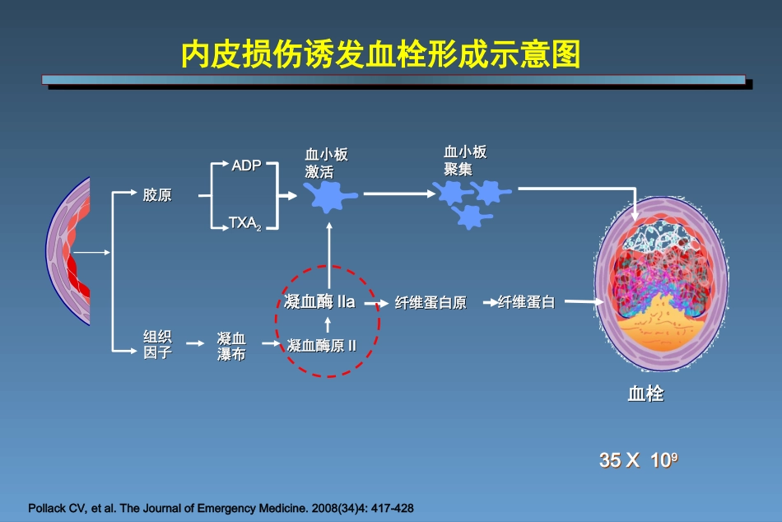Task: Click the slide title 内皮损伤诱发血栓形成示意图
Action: click(x=380, y=55)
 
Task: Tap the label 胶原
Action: click(x=157, y=195)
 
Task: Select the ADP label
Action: click(x=246, y=165)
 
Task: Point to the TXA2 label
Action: click(x=245, y=223)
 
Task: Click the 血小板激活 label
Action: click(x=327, y=163)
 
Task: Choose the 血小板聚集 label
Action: click(x=465, y=160)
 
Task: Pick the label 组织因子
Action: click(x=157, y=345)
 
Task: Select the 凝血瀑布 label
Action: click(x=231, y=346)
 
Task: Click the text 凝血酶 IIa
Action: click(x=319, y=301)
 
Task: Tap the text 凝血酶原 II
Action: click(x=321, y=345)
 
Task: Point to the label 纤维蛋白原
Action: click(x=431, y=303)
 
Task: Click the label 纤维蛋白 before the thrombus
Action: click(x=527, y=303)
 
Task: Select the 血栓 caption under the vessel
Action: click(x=645, y=394)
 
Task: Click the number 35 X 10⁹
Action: click(x=638, y=460)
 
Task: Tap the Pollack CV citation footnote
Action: click(x=221, y=508)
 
